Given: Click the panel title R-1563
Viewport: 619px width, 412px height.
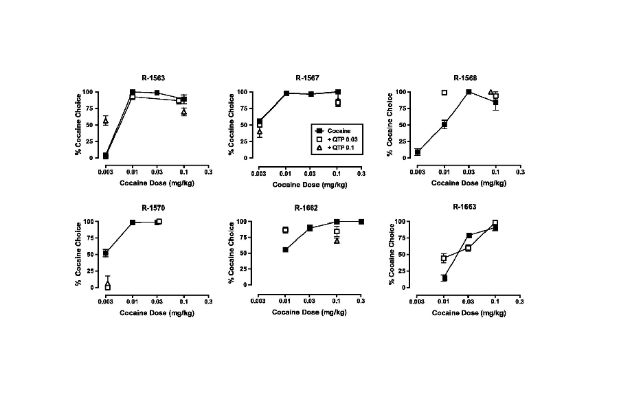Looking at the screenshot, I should (153, 78).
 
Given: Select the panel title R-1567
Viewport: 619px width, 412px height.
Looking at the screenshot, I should (307, 78).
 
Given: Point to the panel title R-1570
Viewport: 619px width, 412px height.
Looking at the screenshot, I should (153, 207).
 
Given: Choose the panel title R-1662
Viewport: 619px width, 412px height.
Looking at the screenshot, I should (307, 207).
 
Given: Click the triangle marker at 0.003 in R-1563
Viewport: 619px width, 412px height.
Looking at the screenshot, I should (106, 121).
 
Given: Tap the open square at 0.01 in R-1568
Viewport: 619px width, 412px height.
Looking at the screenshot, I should (444, 93).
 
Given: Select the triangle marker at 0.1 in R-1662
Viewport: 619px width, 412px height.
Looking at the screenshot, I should (337, 240).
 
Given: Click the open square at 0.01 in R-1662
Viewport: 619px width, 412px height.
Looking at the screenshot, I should (285, 230).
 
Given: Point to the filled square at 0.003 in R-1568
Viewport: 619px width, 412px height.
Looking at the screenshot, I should (418, 152).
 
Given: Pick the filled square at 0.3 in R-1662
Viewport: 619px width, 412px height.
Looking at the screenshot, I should (361, 222).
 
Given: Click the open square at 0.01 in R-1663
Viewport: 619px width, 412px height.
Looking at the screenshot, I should (444, 258).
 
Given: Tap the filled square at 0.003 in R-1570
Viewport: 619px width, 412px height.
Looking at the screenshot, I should (106, 253).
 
